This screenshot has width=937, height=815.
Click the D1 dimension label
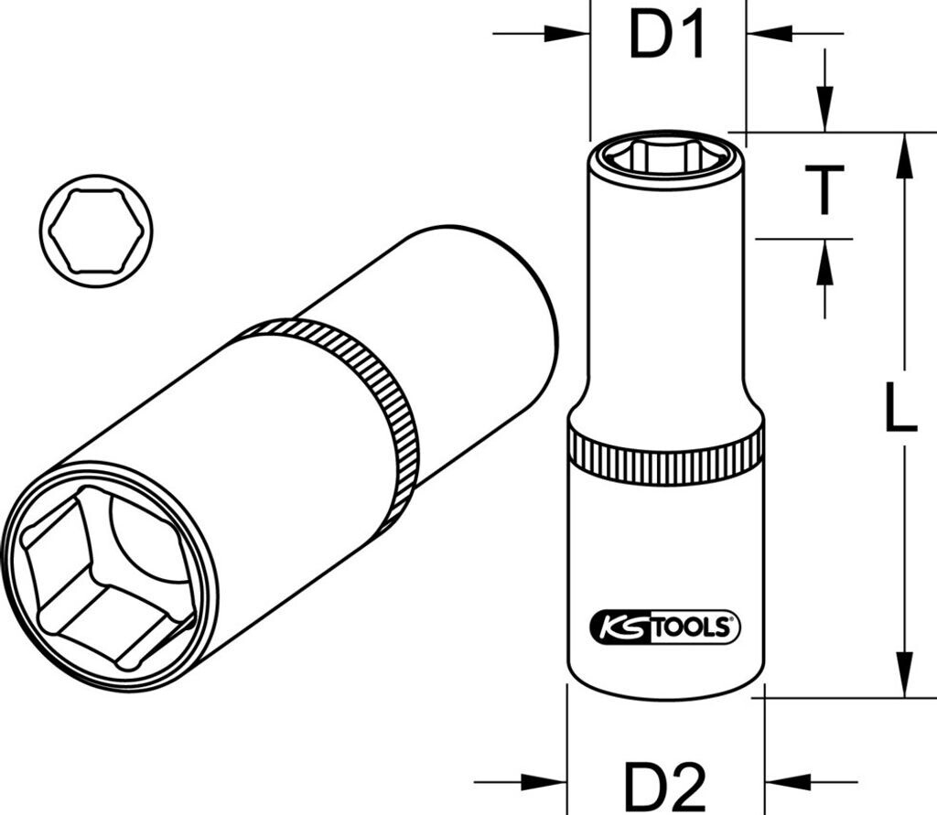point(668,38)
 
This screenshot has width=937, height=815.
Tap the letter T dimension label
point(824,189)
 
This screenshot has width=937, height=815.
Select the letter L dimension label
point(900,407)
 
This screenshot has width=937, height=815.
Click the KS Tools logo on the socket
point(665,627)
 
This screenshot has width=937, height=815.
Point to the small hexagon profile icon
point(96,231)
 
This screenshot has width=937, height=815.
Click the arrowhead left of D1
point(567,34)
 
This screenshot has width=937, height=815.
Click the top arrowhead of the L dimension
point(904,155)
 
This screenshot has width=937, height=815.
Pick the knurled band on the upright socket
point(665,455)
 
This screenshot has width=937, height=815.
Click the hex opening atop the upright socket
point(665,157)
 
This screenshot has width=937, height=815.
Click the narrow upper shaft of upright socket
point(665,302)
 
